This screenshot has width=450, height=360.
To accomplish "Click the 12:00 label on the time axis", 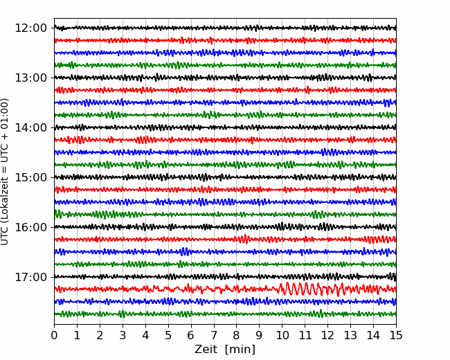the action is [30, 28].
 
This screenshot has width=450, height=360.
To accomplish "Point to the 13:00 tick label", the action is [30, 78].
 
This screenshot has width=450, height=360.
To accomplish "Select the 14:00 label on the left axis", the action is [30, 127].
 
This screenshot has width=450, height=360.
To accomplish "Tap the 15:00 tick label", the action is [30, 177].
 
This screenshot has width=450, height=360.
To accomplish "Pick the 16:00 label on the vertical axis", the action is [30, 227].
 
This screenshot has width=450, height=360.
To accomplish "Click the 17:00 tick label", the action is [30, 277].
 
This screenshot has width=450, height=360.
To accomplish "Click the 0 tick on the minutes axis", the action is [54, 335].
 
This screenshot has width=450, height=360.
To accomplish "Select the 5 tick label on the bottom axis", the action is [168, 335].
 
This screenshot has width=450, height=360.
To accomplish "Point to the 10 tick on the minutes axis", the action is [282, 335].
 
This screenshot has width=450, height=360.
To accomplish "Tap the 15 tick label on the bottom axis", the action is [396, 335].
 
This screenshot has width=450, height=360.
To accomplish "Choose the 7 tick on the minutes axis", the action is [214, 335].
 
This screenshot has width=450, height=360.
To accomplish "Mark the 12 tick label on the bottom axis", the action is [327, 335].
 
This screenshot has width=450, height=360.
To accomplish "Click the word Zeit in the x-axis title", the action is [206, 350].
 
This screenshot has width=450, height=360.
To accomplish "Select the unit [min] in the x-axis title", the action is [240, 350].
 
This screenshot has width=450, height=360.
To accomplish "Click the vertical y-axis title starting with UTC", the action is [5, 172].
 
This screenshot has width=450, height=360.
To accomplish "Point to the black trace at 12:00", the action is [225, 28].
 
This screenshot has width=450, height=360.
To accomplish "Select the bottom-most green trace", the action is [225, 314].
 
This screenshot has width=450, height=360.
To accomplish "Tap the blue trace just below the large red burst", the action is [225, 301].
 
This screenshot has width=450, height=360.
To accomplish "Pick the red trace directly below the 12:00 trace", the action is [225, 40].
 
